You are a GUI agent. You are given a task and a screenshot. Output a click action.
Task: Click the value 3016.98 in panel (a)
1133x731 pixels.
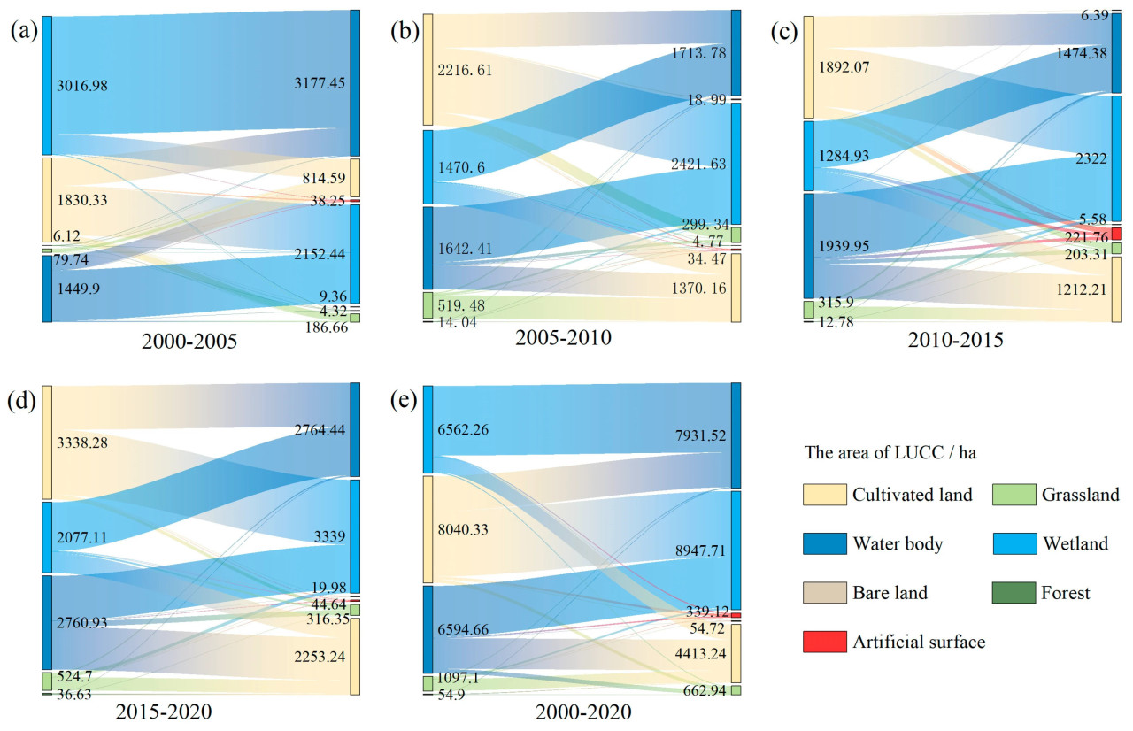click(x=84, y=86)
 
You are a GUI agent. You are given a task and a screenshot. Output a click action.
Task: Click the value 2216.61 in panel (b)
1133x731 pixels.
click(x=466, y=70)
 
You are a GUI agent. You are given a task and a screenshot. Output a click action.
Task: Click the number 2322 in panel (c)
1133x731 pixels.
click(x=1082, y=157)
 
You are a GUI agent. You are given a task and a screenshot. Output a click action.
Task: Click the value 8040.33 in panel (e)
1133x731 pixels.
click(x=467, y=529)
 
